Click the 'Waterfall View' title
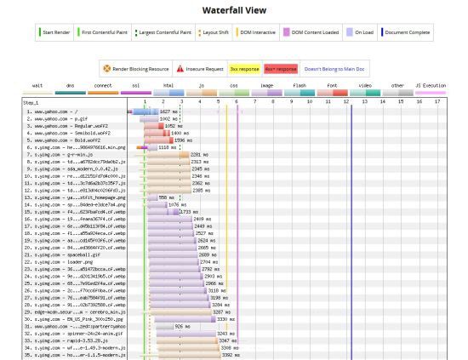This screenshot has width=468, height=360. click(233, 10)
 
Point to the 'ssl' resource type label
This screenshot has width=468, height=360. click(134, 86)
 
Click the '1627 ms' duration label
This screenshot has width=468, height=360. click(168, 111)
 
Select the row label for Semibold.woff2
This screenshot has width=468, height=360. click(62, 134)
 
